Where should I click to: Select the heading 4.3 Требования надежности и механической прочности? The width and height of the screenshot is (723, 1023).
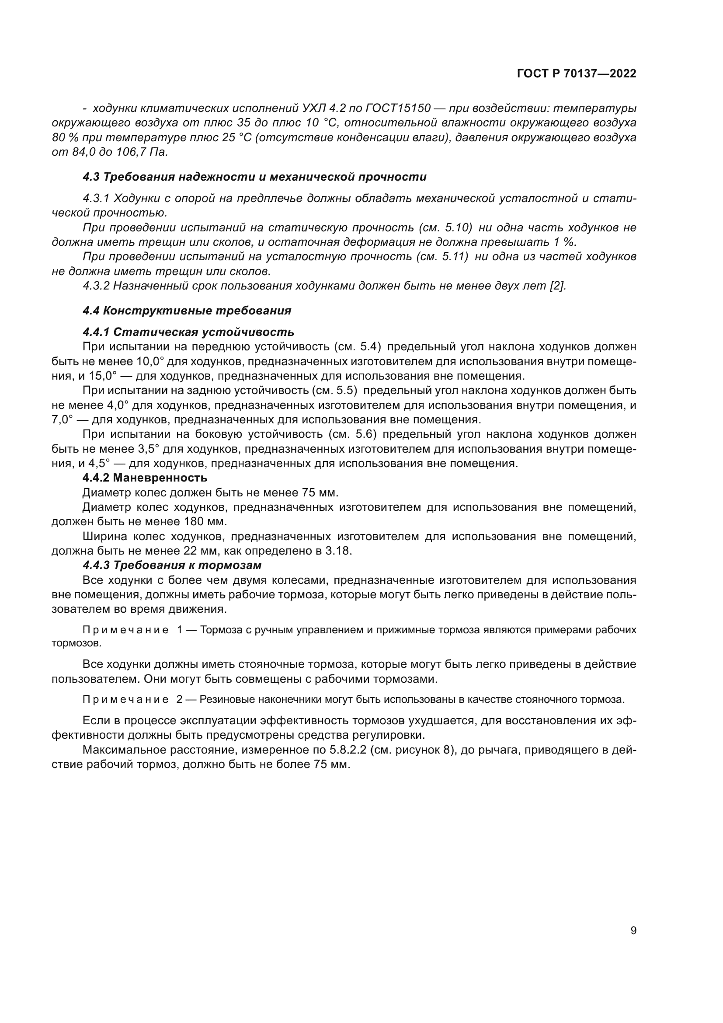pyautogui.click(x=255, y=177)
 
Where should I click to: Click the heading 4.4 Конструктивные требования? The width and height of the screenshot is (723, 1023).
pyautogui.click(x=187, y=311)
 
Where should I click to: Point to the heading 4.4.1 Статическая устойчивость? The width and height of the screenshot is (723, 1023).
pyautogui.click(x=188, y=332)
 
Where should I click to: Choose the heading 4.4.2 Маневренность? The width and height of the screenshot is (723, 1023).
pyautogui.click(x=145, y=478)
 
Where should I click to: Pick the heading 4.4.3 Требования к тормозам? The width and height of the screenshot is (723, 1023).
pyautogui.click(x=172, y=566)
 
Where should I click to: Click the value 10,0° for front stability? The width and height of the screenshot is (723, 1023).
pyautogui.click(x=150, y=361)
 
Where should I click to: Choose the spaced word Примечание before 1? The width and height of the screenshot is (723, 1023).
pyautogui.click(x=125, y=630)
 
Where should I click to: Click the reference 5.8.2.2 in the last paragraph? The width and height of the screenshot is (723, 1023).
pyautogui.click(x=341, y=751)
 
